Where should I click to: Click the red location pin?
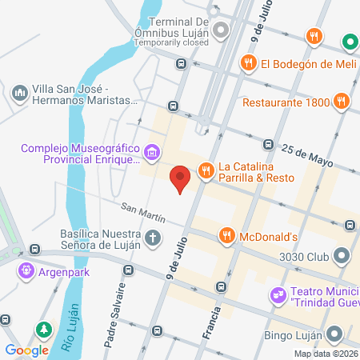[180, 178]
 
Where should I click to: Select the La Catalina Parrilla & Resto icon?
[206, 169]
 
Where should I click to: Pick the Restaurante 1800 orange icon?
[342, 102]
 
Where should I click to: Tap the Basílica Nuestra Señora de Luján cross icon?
[152, 238]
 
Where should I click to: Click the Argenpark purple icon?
[30, 270]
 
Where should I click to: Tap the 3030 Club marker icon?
[342, 257]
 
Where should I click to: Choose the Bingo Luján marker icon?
[334, 334]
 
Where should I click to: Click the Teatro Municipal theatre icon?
[278, 294]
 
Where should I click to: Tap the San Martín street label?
[143, 213]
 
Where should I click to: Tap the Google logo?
[27, 350]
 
